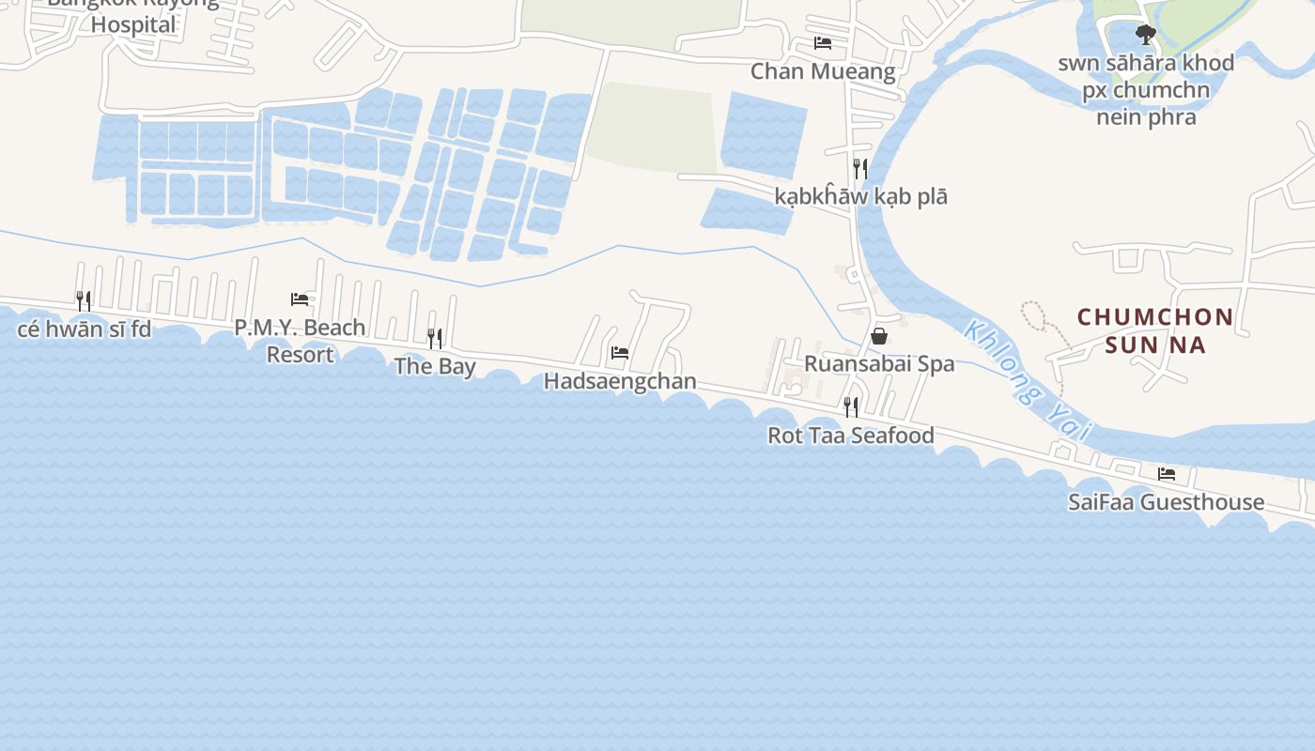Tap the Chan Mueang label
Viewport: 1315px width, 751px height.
click(823, 71)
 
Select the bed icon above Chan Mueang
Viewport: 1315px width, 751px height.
click(823, 43)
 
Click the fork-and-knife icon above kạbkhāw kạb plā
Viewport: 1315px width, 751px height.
click(859, 169)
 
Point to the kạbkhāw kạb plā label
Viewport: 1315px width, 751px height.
click(860, 197)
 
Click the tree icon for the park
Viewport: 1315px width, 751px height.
click(1145, 36)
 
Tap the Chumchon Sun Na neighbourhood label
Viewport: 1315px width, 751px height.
click(1154, 330)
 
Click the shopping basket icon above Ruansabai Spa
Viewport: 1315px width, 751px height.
click(879, 335)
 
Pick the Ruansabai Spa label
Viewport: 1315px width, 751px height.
click(879, 364)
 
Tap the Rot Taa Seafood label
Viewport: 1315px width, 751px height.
click(851, 436)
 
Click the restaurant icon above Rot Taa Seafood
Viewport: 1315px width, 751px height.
click(851, 407)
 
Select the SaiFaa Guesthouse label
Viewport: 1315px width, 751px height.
click(1166, 502)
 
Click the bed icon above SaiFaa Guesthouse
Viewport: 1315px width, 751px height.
click(1167, 474)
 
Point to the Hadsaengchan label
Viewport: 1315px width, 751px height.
click(620, 381)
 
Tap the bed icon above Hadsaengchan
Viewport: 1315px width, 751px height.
click(620, 353)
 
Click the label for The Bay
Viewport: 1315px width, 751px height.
click(435, 366)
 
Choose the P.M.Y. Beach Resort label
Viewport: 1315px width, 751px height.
click(300, 341)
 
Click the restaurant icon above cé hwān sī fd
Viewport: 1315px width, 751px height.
click(85, 301)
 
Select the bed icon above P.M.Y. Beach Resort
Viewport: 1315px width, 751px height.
click(300, 299)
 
